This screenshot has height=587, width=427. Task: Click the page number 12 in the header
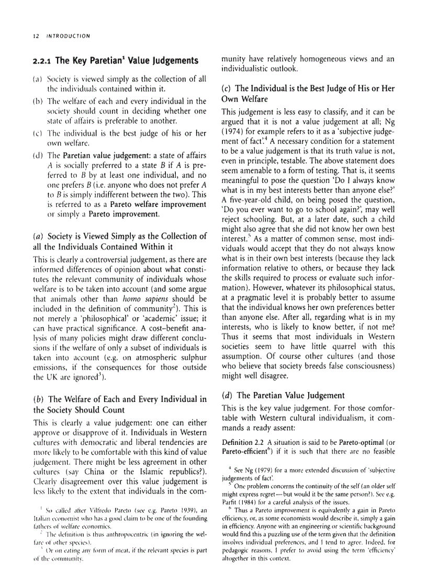pos(35,36)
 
